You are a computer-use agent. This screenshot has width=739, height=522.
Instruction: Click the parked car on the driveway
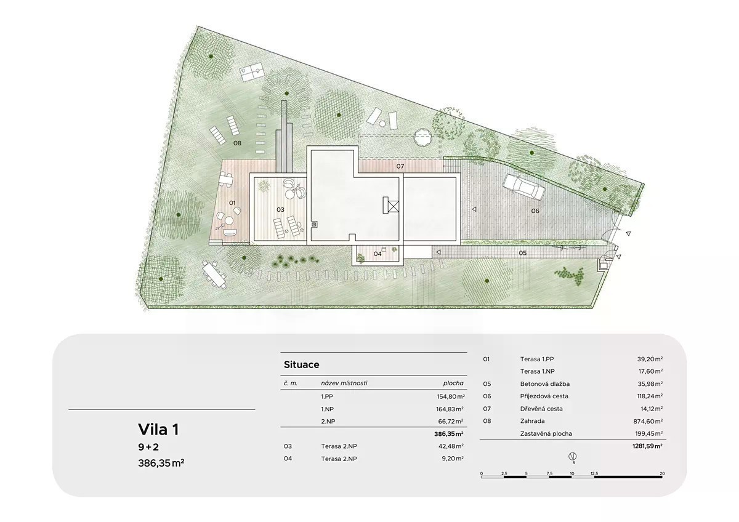click(x=524, y=187)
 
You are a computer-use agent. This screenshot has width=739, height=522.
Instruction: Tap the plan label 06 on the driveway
click(x=535, y=211)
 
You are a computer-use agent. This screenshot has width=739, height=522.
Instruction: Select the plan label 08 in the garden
click(x=237, y=143)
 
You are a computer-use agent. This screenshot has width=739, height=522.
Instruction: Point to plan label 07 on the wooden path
click(x=400, y=166)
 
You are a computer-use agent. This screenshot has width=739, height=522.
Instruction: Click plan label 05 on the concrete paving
click(x=523, y=253)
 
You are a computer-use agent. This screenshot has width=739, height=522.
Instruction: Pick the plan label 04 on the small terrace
click(x=378, y=254)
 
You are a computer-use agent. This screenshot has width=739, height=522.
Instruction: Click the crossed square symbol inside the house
click(x=394, y=206)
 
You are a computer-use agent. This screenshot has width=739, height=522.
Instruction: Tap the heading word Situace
click(x=302, y=364)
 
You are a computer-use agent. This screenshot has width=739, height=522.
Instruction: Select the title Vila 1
click(x=158, y=429)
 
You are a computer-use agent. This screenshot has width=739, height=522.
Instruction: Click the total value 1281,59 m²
click(x=647, y=446)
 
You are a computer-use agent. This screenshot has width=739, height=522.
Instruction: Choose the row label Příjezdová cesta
click(x=544, y=396)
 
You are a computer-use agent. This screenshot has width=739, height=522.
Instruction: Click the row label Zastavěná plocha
click(x=546, y=433)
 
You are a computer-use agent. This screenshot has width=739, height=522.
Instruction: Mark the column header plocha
click(x=453, y=383)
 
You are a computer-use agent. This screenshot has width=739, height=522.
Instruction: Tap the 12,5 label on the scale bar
click(x=594, y=473)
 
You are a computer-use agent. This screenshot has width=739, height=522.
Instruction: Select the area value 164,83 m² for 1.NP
click(x=450, y=409)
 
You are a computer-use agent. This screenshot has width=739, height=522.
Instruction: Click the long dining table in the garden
click(x=214, y=275)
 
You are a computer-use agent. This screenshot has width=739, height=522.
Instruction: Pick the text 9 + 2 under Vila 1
click(x=148, y=447)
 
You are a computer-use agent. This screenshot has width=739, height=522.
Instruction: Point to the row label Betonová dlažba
click(x=544, y=384)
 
